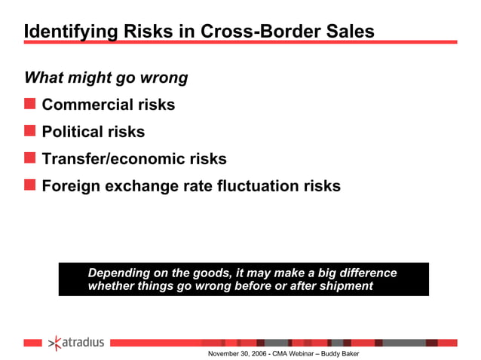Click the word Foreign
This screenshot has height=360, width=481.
point(70,185)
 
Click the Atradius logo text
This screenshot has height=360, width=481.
point(84,343)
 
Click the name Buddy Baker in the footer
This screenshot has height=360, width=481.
point(341,354)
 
